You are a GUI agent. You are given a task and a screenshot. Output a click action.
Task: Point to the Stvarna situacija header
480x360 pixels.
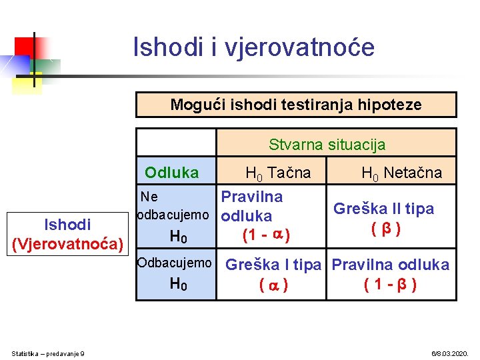tap(327, 144)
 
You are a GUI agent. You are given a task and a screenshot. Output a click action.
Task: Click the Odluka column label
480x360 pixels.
tap(172, 173)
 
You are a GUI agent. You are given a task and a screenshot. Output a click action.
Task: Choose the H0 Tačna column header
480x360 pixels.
tap(278, 173)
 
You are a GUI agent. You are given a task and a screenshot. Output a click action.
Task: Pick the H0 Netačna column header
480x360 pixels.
tap(401, 173)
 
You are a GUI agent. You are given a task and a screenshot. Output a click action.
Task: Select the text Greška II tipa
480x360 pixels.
tap(383, 209)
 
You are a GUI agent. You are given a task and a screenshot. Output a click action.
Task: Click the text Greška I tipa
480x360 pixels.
tap(273, 265)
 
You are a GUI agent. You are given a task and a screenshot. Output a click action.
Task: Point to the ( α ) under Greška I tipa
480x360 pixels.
tap(273, 285)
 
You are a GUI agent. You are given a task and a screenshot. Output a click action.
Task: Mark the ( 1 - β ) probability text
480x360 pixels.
tap(391, 285)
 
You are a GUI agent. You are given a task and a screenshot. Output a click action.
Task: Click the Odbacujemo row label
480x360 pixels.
tap(174, 263)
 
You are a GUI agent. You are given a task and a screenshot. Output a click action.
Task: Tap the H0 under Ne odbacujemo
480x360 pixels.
tap(179, 236)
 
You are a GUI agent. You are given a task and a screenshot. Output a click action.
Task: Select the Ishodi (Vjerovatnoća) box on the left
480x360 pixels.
tap(68, 234)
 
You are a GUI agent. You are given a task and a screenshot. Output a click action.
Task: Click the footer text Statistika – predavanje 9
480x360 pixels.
tap(49, 353)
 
